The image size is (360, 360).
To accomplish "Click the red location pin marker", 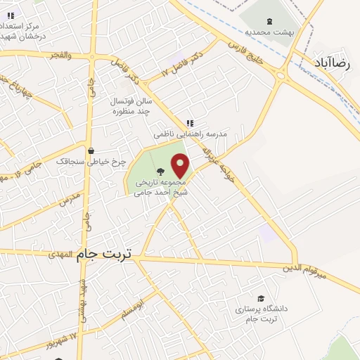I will coord(181,166).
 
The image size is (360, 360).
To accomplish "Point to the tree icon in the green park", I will coord(160,170).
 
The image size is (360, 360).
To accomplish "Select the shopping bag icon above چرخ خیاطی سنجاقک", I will coord(91,150).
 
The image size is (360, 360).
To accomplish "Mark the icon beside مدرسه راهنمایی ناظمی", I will coord(189,122).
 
